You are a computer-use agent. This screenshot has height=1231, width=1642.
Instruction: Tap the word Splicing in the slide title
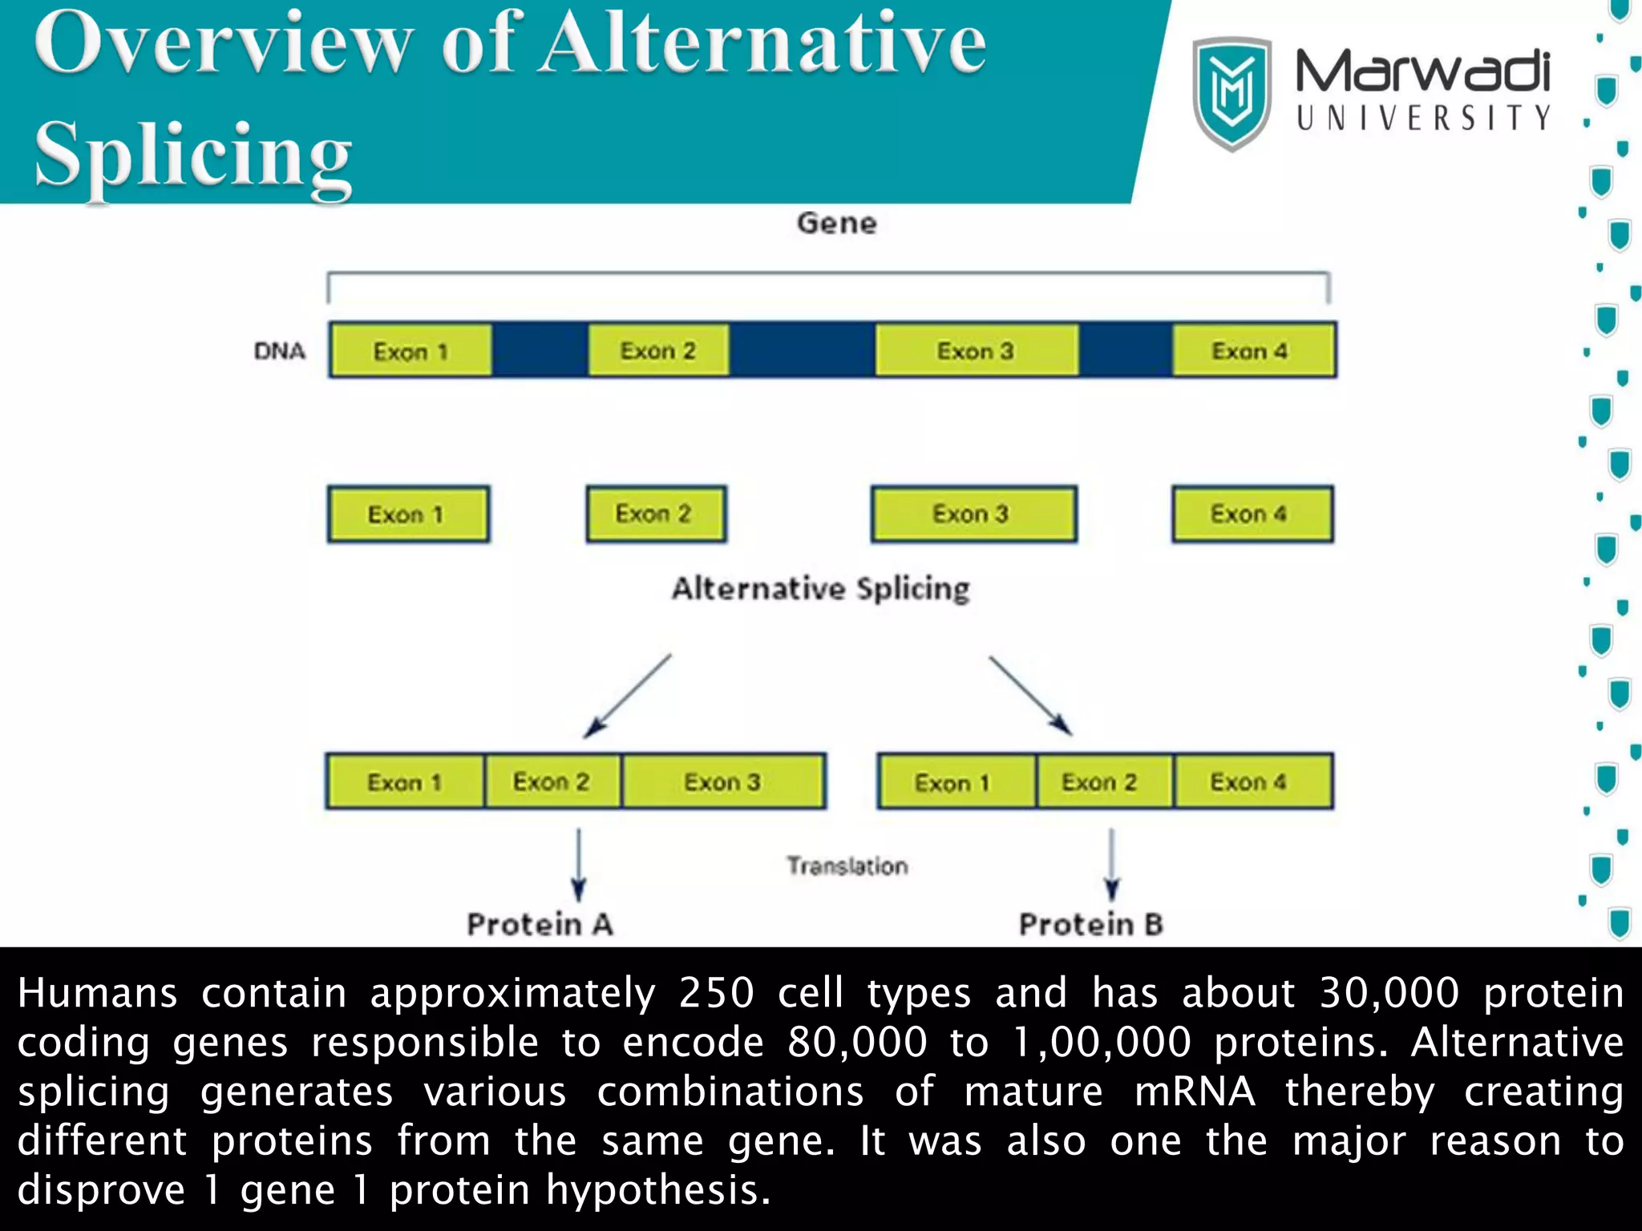[193, 154]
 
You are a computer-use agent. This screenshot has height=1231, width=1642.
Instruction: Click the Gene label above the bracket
[836, 223]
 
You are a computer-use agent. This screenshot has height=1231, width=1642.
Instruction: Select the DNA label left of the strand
[279, 351]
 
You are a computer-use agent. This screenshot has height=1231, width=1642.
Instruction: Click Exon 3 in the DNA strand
[976, 350]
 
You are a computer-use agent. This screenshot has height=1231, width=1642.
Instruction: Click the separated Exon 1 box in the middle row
[407, 515]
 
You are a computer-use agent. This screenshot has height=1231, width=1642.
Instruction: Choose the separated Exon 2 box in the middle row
[654, 514]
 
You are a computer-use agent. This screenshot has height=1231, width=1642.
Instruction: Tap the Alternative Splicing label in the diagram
[820, 589]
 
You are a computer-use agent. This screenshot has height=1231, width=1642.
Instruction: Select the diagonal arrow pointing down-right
[1030, 695]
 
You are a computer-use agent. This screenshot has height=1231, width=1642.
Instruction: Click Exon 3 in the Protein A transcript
[723, 781]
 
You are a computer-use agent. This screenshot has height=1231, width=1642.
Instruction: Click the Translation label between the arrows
[847, 866]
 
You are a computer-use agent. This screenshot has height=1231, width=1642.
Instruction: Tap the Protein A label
[540, 924]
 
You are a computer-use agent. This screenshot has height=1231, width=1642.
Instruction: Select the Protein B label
[1090, 924]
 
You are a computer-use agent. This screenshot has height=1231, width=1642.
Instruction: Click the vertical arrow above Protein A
[578, 866]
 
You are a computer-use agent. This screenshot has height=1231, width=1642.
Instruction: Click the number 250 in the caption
[716, 994]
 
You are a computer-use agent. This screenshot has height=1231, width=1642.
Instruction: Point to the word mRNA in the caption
[1195, 1092]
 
